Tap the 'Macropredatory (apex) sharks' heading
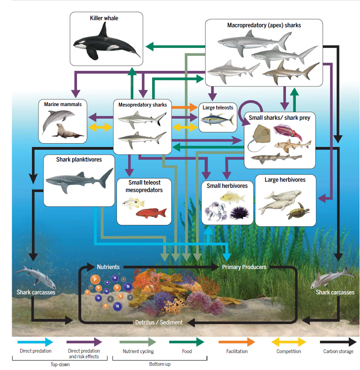[x=264, y=25]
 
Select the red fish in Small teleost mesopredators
[x=152, y=212]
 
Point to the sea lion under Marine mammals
[x=67, y=131]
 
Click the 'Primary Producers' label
[x=244, y=267]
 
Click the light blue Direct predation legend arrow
[x=35, y=342]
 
